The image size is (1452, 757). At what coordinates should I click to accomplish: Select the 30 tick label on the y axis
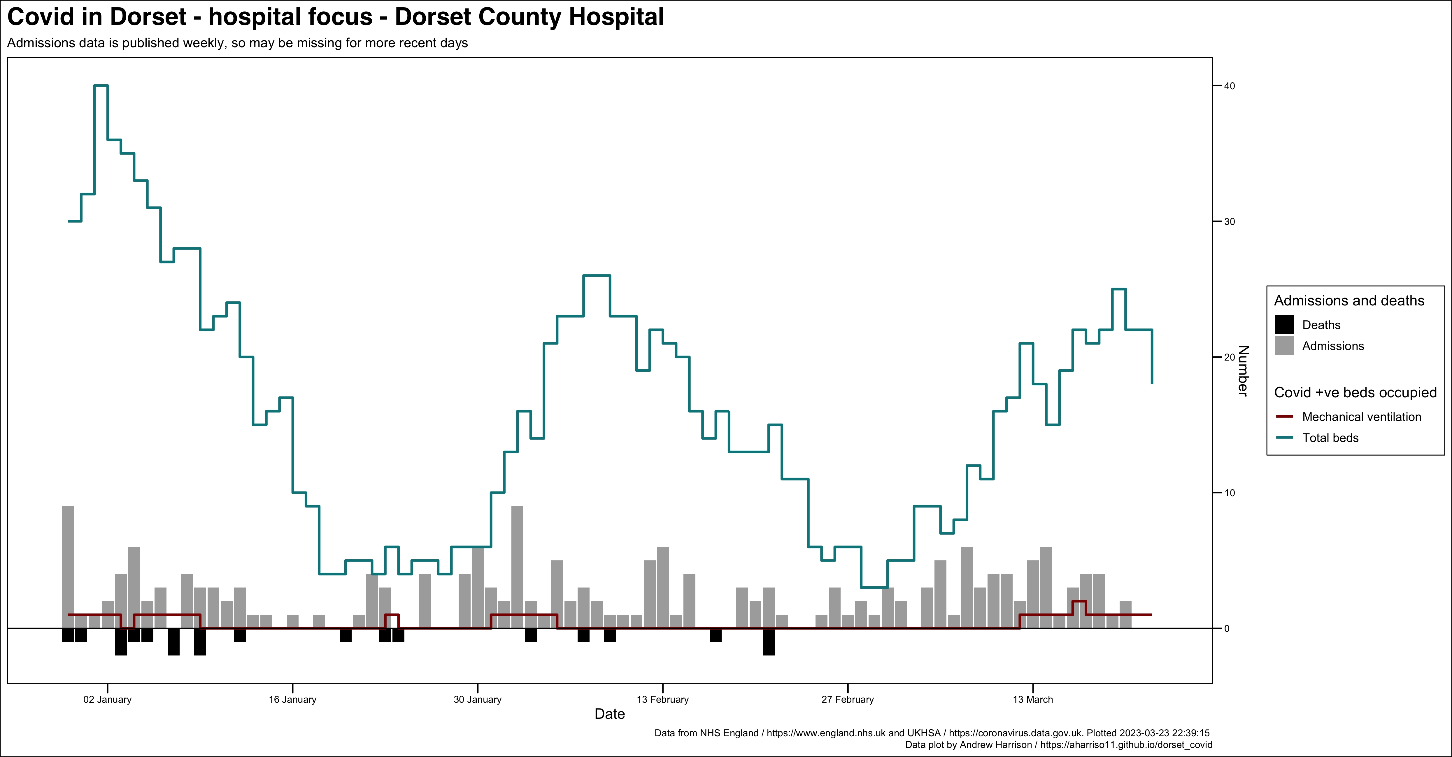pyautogui.click(x=1229, y=222)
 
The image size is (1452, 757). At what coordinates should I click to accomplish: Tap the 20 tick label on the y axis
pyautogui.click(x=1229, y=357)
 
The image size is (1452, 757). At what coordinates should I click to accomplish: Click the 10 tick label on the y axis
pyautogui.click(x=1229, y=493)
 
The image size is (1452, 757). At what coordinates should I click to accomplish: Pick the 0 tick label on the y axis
pyautogui.click(x=1227, y=628)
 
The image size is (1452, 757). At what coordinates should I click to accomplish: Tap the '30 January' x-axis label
pyautogui.click(x=477, y=700)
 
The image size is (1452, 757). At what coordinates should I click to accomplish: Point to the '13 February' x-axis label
pyautogui.click(x=662, y=700)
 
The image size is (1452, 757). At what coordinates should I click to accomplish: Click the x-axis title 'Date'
pyautogui.click(x=609, y=714)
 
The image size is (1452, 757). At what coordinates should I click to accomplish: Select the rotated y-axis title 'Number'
pyautogui.click(x=1243, y=370)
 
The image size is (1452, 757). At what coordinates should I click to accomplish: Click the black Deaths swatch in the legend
pyautogui.click(x=1284, y=324)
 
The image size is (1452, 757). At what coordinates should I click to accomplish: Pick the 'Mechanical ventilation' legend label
pyautogui.click(x=1361, y=417)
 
